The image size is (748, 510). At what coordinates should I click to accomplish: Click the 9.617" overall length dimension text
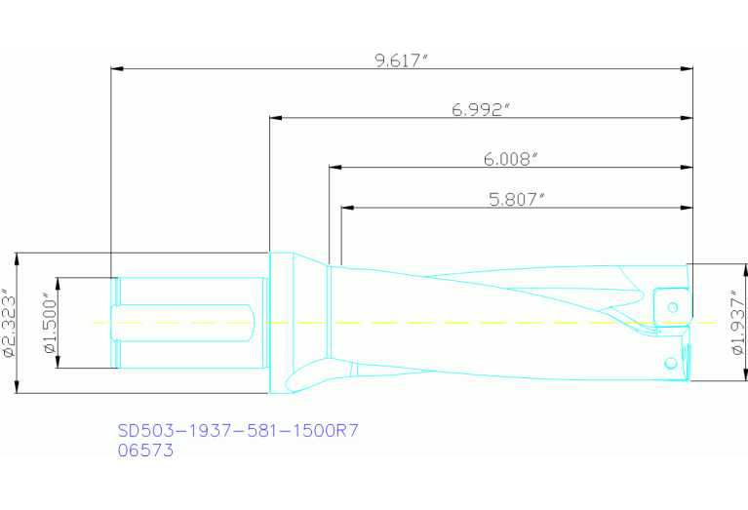coord(402,60)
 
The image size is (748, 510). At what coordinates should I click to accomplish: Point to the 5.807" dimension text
coord(516,199)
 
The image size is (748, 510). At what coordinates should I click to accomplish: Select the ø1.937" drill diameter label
coord(737,322)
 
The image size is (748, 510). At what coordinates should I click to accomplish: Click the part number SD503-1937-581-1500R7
coord(231,429)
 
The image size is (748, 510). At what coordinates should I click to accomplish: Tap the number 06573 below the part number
coord(145,451)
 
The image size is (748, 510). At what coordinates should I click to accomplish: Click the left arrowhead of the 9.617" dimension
coord(118,69)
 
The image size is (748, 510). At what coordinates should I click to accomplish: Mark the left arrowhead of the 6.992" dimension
coord(276,118)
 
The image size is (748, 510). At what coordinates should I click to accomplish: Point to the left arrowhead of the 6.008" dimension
coord(335,168)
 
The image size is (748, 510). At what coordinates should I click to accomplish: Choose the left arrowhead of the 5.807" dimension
coord(346,208)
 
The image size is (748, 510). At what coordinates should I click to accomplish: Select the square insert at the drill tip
coord(671,305)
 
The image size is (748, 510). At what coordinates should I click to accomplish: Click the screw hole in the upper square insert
coord(673,307)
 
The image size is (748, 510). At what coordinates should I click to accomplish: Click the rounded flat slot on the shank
coord(185,323)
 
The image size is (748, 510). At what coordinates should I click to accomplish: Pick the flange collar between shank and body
coord(280,323)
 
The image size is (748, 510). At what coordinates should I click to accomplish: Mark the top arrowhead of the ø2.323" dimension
coord(17,258)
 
